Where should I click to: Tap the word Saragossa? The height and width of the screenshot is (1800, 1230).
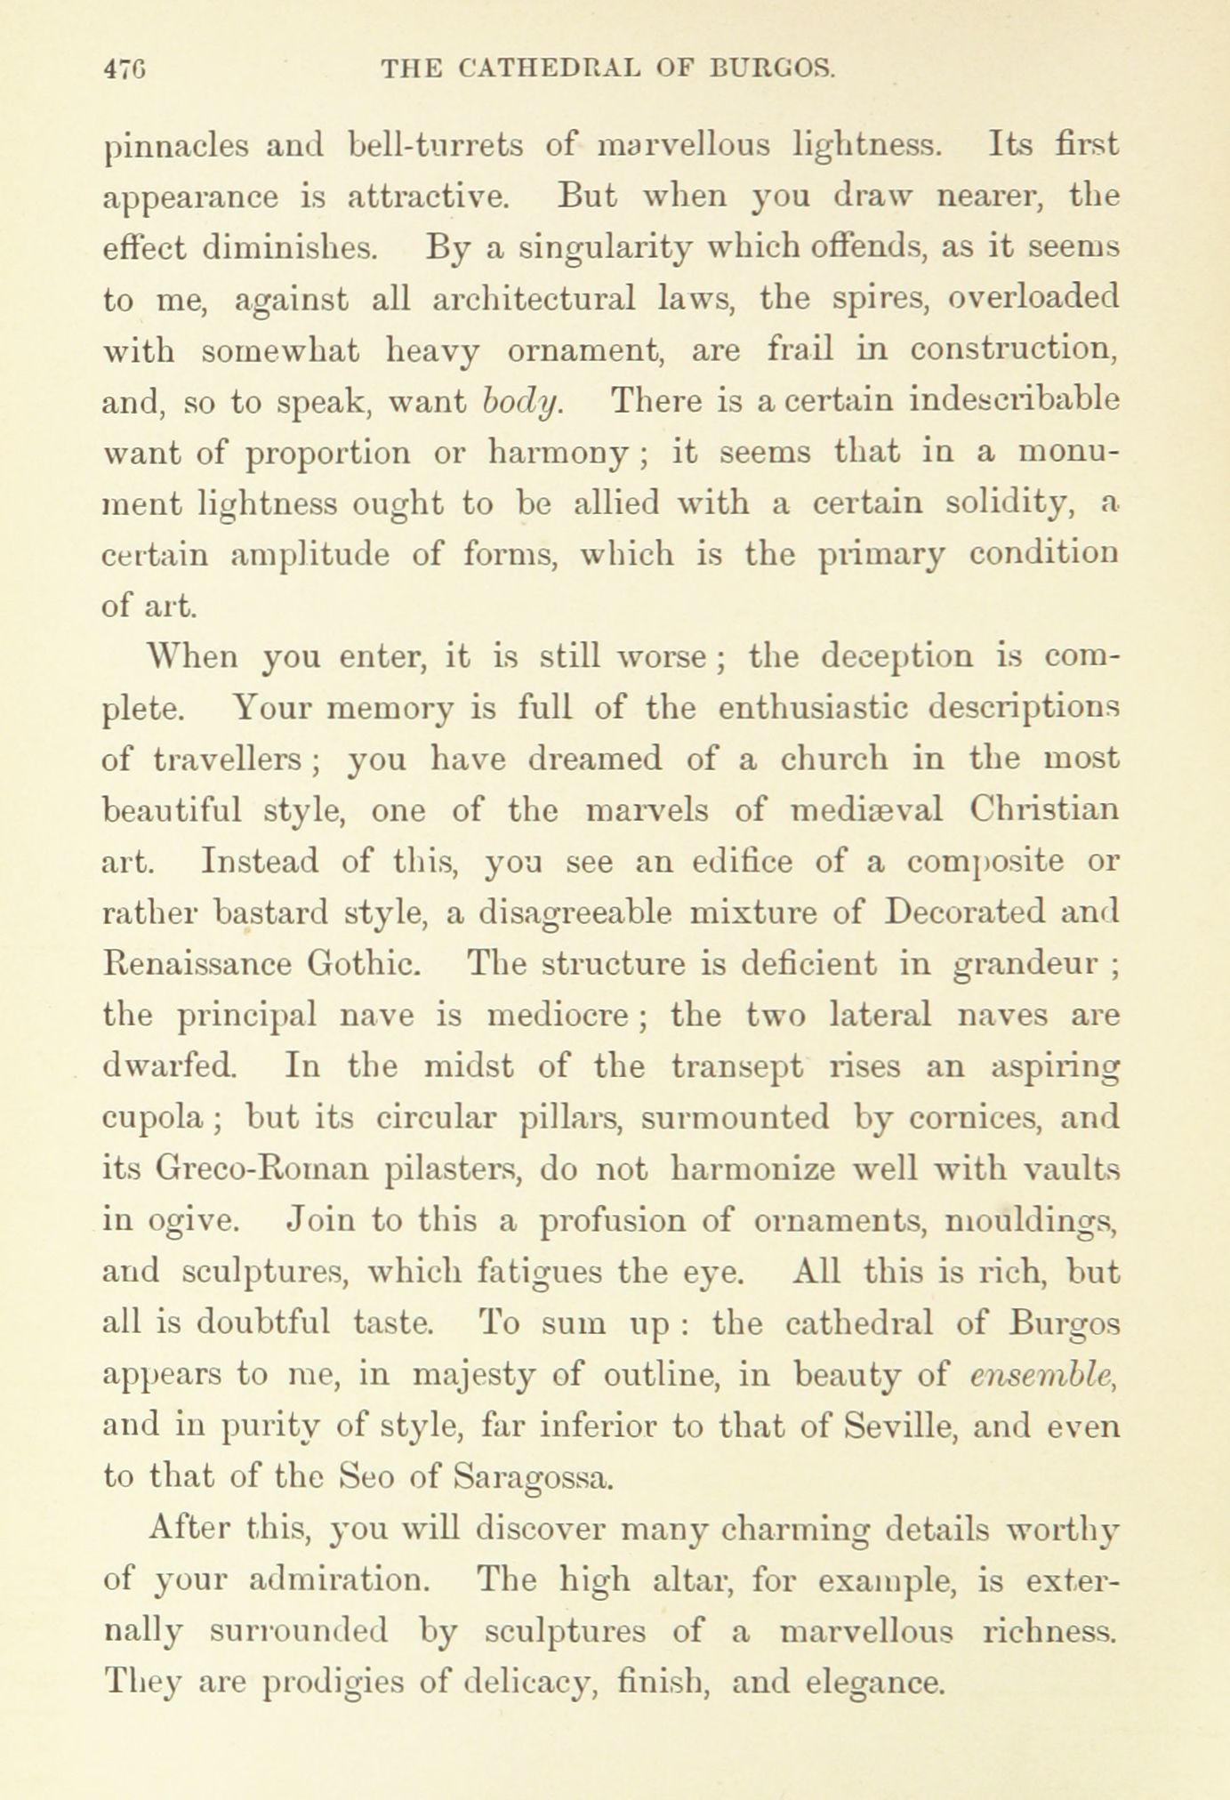[533, 1478]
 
